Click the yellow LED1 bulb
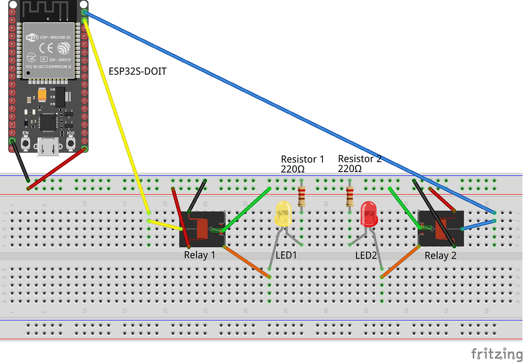coord(283,213)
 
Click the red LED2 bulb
coord(369,213)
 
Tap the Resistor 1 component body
coord(302,196)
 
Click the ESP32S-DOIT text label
coord(137,71)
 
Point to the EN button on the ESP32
coord(26,142)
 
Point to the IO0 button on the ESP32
coord(71,142)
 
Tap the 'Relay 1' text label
coord(200,255)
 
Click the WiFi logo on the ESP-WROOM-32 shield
coord(31,37)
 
